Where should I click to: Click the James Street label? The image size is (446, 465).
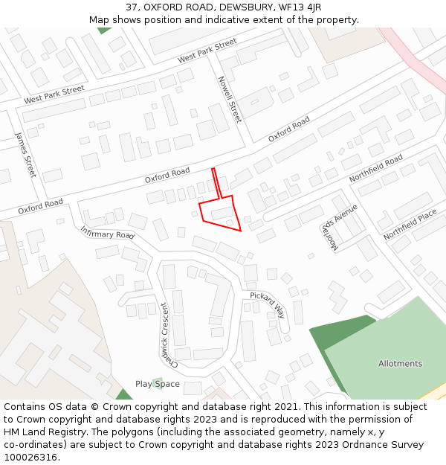coord(25,155)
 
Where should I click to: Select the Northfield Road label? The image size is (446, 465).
coord(375,169)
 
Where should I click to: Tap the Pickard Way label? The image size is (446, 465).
coord(268,305)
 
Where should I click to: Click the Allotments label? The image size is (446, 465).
coord(400,364)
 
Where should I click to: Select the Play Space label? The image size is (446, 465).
coord(158,384)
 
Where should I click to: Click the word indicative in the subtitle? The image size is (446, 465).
coord(246,19)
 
